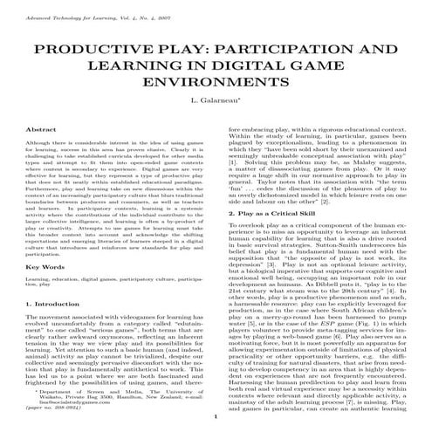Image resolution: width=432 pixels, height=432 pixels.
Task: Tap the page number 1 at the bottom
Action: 216,419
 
